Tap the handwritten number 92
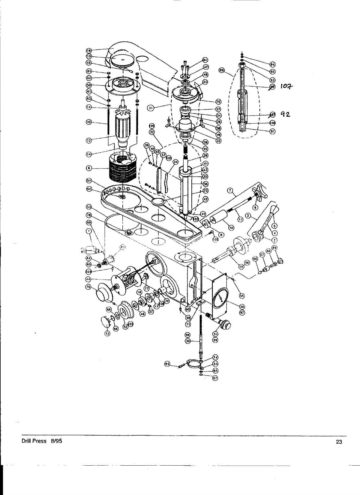[285, 114]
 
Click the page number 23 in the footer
[339, 442]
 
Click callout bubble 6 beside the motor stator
[89, 168]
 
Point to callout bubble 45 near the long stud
[89, 122]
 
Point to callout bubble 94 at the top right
[273, 64]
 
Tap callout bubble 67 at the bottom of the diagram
[215, 378]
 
